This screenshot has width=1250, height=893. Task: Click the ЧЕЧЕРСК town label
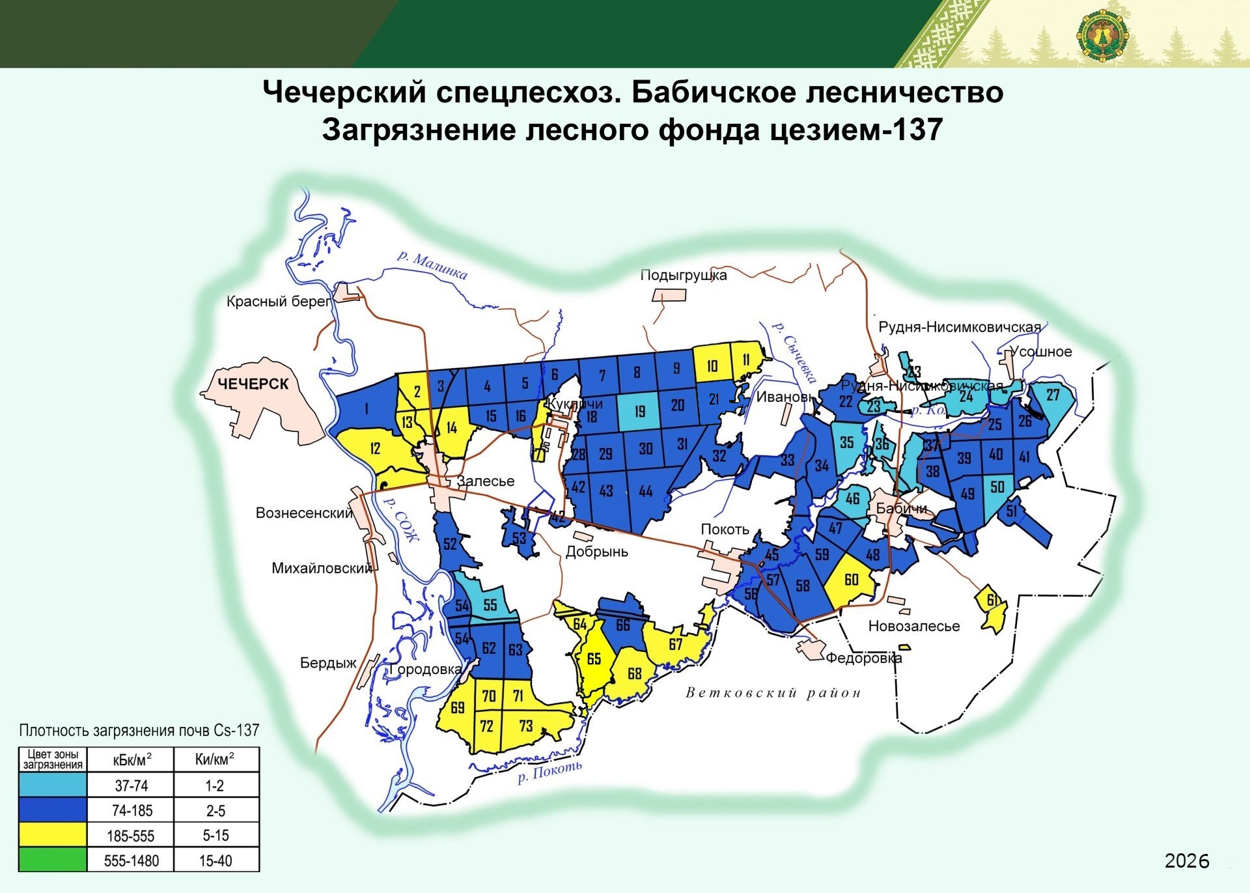[x=253, y=384]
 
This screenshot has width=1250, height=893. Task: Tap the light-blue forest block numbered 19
[x=639, y=412]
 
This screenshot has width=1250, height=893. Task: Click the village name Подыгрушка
[x=683, y=275]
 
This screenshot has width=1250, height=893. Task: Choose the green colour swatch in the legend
[x=52, y=860]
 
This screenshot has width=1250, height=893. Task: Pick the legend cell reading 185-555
[x=131, y=836]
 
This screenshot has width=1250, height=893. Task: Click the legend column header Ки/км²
[x=215, y=759]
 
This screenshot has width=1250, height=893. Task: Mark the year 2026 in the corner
[x=1186, y=861]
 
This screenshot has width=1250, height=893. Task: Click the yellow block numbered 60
[x=851, y=580]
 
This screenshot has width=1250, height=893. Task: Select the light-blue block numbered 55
[x=490, y=605]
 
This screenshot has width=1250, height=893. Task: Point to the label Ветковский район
[x=773, y=692]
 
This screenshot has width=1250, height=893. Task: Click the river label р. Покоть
[x=549, y=772]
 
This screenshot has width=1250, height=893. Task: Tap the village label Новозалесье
[x=913, y=626]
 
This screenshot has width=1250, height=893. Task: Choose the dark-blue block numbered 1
[x=367, y=409]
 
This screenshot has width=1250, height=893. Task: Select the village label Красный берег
[x=279, y=302]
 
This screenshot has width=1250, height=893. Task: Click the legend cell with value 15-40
[x=215, y=860]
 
